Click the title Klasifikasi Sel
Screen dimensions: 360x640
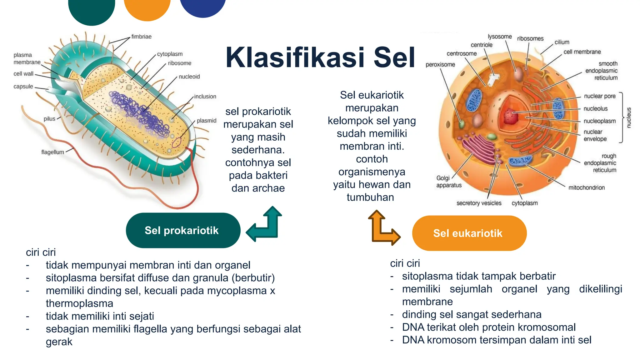320,57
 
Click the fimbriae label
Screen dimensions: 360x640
141,37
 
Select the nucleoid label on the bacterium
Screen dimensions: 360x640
189,77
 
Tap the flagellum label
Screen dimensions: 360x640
52,152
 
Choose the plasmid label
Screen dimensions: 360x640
206,121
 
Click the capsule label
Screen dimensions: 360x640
23,87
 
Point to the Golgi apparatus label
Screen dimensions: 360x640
448,182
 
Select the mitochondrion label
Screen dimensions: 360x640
586,187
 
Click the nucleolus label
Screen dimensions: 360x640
595,109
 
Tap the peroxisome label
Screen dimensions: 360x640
440,65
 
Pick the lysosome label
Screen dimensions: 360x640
499,37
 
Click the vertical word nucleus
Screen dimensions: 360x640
629,117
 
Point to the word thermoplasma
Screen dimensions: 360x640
79,303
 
